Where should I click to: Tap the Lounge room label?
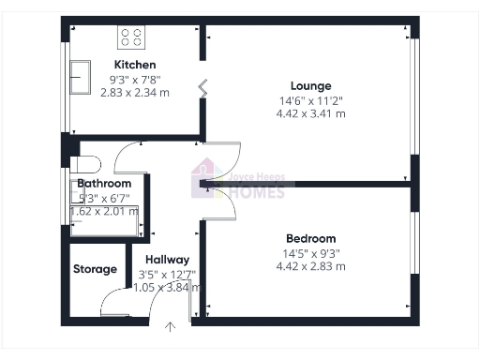[310, 85]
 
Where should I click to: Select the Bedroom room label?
[310, 239]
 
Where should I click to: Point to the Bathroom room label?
[103, 184]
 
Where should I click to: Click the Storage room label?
[96, 269]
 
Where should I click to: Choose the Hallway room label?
[167, 260]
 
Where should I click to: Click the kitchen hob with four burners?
[131, 37]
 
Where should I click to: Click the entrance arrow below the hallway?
[171, 327]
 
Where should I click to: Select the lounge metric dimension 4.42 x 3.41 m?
[310, 113]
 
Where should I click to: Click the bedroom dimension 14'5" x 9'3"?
[310, 252]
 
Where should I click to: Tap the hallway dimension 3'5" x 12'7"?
[167, 274]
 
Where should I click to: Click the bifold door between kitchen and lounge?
[202, 89]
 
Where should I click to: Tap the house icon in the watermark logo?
[203, 178]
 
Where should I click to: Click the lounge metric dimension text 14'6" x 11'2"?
[310, 99]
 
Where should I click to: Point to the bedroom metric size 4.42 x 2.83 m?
[310, 266]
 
